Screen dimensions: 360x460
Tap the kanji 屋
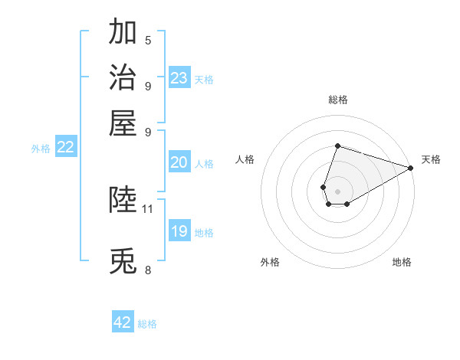click(123, 123)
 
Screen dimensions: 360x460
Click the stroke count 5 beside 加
click(148, 41)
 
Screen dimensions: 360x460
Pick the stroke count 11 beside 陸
click(148, 208)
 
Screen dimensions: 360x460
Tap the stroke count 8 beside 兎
click(148, 270)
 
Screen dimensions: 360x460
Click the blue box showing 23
click(179, 78)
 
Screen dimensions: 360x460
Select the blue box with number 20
click(179, 162)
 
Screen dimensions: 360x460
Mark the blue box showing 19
click(179, 231)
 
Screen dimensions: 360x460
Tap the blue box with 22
click(65, 148)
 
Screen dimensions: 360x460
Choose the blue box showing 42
click(123, 322)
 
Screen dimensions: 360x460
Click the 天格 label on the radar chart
click(431, 159)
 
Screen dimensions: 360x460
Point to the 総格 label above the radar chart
click(337, 100)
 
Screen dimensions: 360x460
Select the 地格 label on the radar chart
click(402, 263)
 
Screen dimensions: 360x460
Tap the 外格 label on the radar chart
click(270, 263)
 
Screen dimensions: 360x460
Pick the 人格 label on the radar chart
click(245, 159)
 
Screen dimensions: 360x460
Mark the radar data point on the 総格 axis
click(337, 146)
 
